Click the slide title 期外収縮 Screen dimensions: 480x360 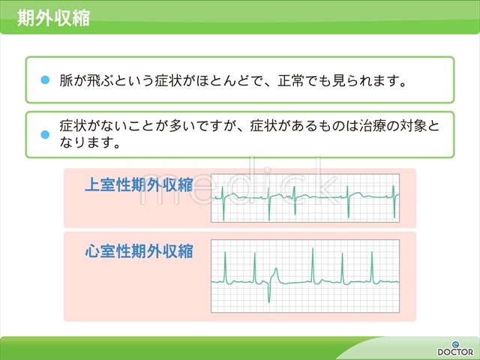[53, 18]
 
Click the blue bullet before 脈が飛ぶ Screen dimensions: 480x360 [45, 80]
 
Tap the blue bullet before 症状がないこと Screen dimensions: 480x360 [45, 134]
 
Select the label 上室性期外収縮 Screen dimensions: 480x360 [139, 185]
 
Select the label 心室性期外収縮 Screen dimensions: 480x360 [139, 251]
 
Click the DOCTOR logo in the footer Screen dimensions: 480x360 [455, 349]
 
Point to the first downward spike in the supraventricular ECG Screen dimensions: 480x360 [223, 210]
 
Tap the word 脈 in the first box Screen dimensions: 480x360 [66, 80]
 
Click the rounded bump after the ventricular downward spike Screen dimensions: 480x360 [276, 274]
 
